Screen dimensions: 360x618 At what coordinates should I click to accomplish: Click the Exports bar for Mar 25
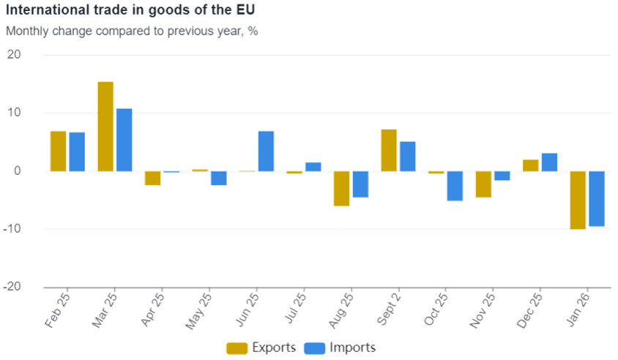[105, 126]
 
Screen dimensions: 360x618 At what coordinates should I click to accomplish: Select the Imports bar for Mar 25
[124, 140]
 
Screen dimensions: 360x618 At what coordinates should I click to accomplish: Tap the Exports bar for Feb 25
[59, 151]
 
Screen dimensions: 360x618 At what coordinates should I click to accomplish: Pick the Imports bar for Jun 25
[266, 151]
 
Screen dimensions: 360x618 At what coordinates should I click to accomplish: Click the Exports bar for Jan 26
[578, 200]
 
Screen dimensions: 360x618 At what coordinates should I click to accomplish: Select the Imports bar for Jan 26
[597, 199]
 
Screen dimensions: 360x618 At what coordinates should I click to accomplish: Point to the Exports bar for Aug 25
[342, 189]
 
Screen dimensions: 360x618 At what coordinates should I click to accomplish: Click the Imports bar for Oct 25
[455, 186]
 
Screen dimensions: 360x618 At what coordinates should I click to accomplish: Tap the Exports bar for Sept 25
[389, 150]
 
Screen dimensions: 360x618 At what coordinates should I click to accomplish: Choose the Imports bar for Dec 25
[549, 162]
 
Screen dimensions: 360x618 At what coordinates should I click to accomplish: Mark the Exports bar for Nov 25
[483, 184]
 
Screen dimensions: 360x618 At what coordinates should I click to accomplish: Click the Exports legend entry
[262, 348]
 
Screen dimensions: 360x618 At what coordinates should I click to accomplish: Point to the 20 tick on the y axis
[15, 55]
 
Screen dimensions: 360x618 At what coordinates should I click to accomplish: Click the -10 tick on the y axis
[13, 229]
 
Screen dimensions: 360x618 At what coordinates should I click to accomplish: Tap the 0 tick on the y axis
[18, 171]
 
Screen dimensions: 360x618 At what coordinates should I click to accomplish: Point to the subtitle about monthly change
[132, 31]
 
